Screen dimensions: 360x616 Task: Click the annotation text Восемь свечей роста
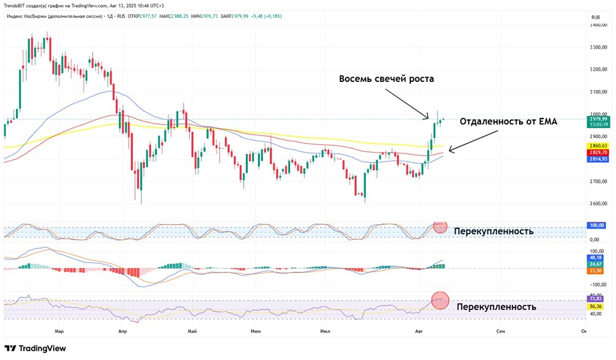pos(386,79)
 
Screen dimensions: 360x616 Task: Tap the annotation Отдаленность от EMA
pos(508,122)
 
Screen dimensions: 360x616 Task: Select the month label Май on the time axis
pos(192,331)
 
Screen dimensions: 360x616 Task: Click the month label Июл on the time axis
pos(326,331)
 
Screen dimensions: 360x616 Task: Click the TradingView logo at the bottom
pos(35,348)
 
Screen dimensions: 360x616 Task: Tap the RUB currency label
pos(596,17)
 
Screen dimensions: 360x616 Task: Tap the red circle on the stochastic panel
pos(440,226)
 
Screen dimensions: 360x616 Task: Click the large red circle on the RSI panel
pos(440,300)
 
